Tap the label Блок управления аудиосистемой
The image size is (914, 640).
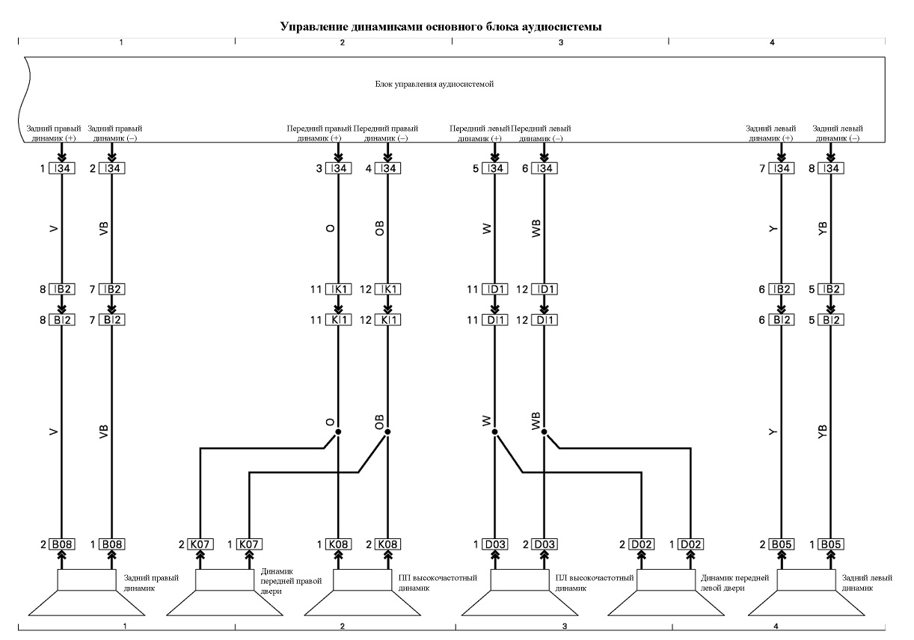point(434,84)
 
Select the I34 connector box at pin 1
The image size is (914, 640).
point(62,168)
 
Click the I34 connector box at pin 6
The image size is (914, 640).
point(545,168)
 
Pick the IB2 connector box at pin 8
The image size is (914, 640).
point(62,289)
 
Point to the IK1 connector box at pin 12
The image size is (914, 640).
point(387,289)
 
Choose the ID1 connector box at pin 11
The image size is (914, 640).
point(495,289)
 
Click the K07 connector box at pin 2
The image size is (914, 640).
point(200,544)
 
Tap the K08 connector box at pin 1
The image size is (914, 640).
point(338,544)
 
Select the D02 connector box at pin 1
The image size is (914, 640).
point(690,544)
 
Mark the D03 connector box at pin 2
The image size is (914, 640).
point(545,544)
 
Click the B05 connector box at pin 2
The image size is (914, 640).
point(782,544)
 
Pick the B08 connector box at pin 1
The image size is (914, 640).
point(111,544)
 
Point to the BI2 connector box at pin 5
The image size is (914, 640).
point(831,320)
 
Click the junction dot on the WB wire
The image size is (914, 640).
point(545,431)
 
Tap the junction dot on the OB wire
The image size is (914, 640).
point(387,431)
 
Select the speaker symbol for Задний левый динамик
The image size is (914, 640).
point(806,592)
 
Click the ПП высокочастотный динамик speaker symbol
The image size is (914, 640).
point(362,592)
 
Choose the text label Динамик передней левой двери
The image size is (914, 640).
point(734,583)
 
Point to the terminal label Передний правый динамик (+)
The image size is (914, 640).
point(319,133)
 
